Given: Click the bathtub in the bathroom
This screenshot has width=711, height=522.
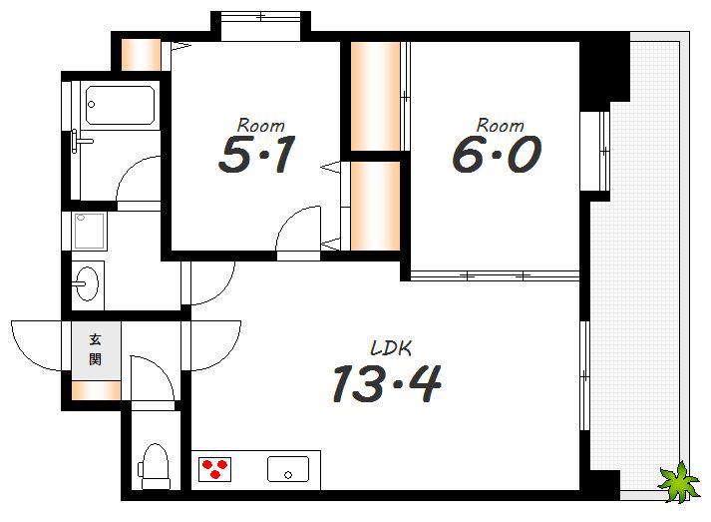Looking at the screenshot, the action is (121, 106).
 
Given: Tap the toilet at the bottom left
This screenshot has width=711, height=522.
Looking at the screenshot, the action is (155, 466).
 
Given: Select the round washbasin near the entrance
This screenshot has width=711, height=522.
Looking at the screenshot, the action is (87, 283).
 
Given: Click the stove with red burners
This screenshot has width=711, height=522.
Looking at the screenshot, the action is (215, 469).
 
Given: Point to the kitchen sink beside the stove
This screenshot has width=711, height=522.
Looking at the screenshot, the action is (288, 469).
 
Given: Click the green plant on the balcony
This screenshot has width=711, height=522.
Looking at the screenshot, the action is (678, 482).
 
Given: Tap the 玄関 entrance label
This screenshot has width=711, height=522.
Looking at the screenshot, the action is (95, 349).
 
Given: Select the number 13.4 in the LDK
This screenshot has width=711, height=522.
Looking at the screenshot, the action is (387, 384).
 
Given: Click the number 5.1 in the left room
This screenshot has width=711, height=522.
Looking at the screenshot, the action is (257, 155).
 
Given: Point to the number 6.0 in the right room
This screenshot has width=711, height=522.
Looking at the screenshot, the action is (497, 155).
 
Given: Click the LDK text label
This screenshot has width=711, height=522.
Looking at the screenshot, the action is (391, 348).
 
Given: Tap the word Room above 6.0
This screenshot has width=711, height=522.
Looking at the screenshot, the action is (500, 125).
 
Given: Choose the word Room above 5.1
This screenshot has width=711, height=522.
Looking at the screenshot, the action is (260, 125).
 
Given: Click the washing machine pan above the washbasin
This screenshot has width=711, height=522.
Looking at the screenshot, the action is (90, 231).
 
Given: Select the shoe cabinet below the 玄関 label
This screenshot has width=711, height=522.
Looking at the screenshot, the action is (96, 391).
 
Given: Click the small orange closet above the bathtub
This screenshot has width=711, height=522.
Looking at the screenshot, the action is (141, 55).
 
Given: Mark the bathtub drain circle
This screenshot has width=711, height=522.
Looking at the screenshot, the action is (91, 105).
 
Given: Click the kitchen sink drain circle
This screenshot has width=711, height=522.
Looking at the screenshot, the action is (288, 475).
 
